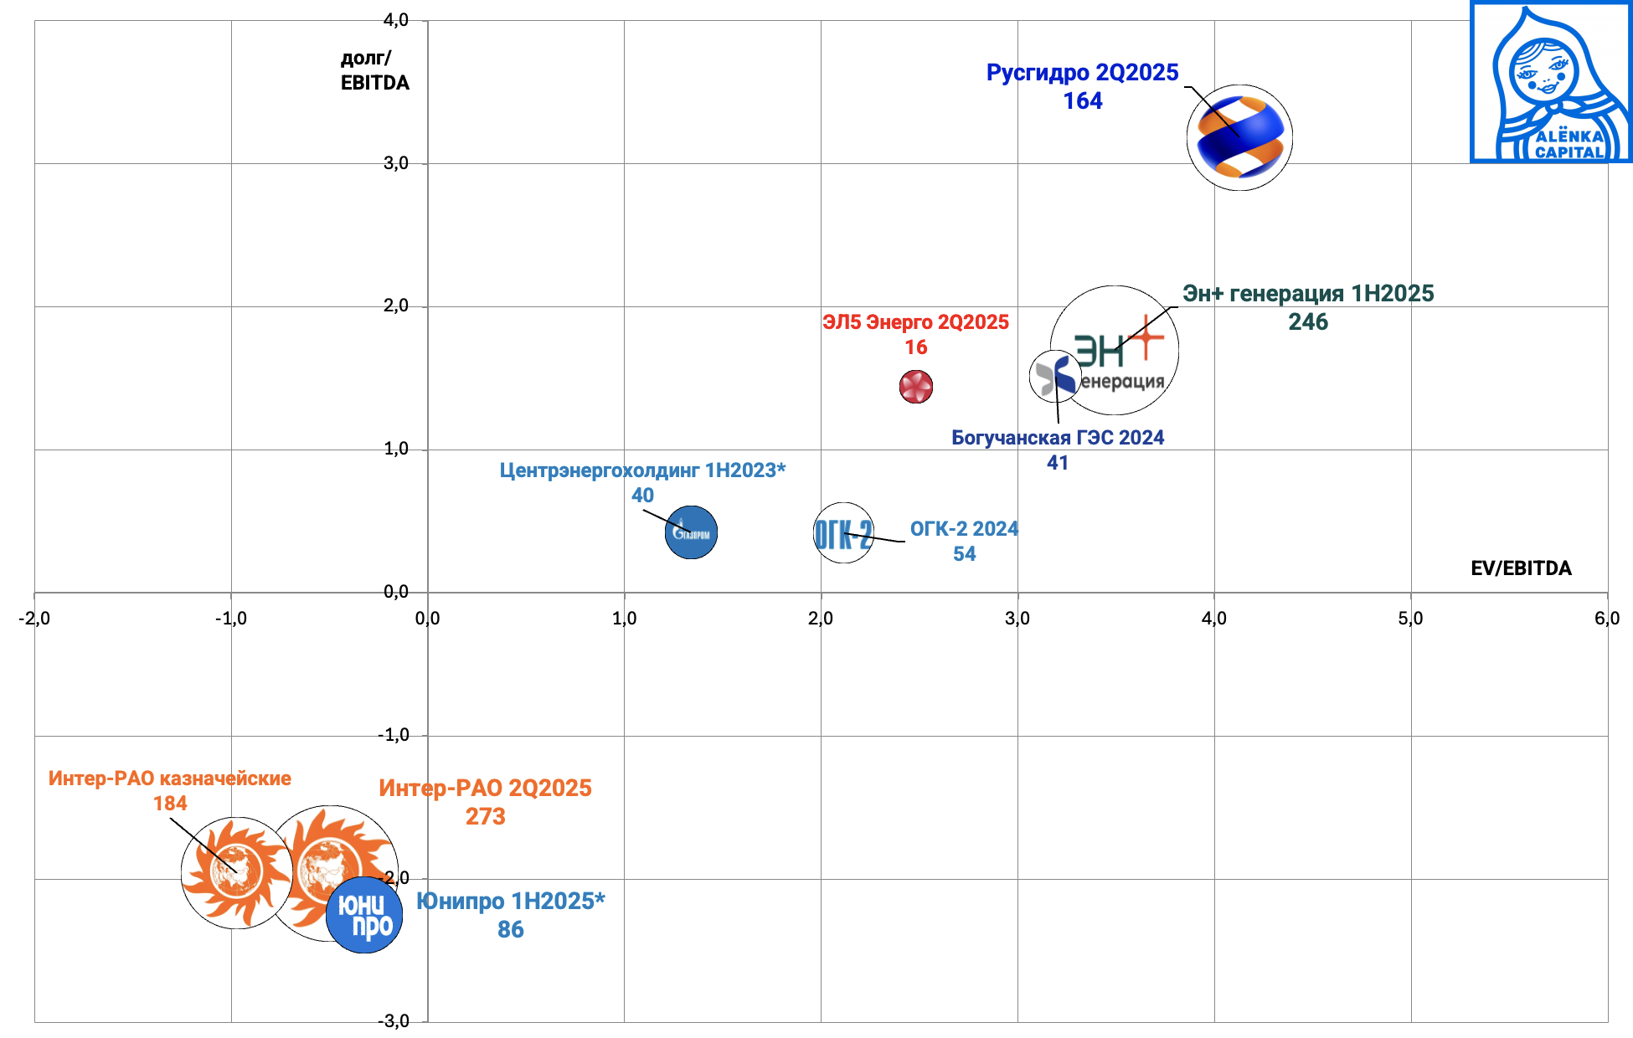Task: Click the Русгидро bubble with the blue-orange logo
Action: coord(1239,137)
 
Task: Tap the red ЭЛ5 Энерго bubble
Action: coord(916,387)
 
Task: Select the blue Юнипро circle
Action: coord(364,915)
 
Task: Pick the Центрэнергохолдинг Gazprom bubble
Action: coord(691,532)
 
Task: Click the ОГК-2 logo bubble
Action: coord(843,533)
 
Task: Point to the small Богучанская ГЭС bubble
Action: coord(1054,376)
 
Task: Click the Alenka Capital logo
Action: coord(1551,82)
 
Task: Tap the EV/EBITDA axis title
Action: coord(1521,568)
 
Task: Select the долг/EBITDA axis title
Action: coord(374,70)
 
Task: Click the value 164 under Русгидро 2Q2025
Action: coord(1083,101)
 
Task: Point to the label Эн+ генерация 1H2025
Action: coord(1308,294)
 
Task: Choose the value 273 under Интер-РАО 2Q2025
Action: coord(486,816)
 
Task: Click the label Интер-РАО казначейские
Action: coord(170,778)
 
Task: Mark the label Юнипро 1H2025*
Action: coord(510,902)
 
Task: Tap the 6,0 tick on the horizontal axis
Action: coord(1607,619)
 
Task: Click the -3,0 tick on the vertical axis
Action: coord(394,1021)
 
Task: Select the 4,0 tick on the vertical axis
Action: coord(396,20)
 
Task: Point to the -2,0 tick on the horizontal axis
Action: coord(34,619)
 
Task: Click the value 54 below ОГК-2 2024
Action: coord(964,554)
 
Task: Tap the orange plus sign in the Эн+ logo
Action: coord(1146,337)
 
